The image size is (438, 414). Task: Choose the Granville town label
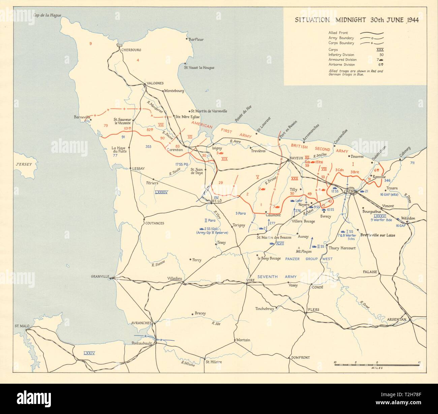click(100, 277)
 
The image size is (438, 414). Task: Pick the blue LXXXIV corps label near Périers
click(161, 192)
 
